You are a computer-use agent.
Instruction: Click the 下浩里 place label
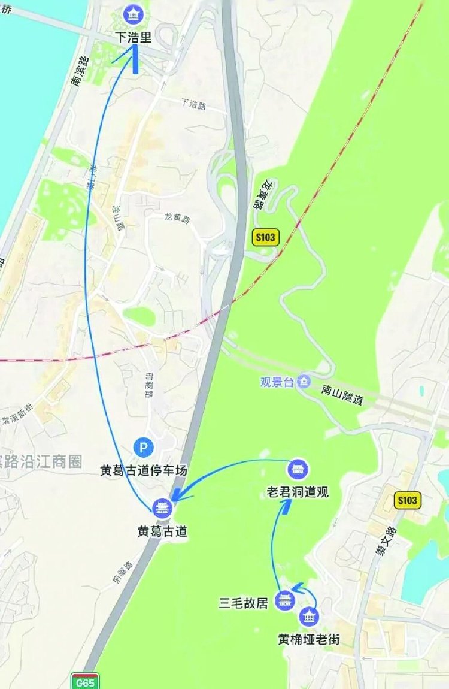click(x=133, y=37)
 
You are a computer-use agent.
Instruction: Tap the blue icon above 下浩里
click(x=131, y=13)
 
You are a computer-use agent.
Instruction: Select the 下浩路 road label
click(x=193, y=104)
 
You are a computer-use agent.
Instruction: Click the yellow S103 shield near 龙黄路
click(x=265, y=237)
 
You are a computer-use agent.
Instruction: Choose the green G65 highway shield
click(x=85, y=681)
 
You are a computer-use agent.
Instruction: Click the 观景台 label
click(x=277, y=382)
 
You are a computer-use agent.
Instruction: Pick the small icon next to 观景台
click(x=304, y=382)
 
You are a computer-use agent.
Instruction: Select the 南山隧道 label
click(x=342, y=396)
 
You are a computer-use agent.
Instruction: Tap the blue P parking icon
click(x=143, y=446)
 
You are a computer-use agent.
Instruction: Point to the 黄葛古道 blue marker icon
click(x=161, y=509)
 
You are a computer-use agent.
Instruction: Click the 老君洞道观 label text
click(x=298, y=492)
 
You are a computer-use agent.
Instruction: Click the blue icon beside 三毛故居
click(x=284, y=600)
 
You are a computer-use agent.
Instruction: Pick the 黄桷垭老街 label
click(x=309, y=639)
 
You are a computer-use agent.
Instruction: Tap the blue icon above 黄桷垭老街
click(x=309, y=616)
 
